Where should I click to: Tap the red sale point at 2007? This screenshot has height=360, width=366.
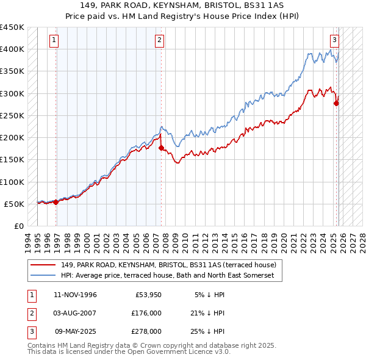coord(161,148)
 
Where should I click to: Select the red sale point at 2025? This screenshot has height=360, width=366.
coord(336,103)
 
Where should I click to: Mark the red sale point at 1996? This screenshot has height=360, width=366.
coord(56,202)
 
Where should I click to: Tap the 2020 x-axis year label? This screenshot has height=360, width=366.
coord(285,240)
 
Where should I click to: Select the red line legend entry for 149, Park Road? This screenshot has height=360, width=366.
coord(168,265)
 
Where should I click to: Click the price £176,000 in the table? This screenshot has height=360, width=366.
coord(146,313)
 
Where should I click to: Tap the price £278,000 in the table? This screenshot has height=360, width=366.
coord(146,331)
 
